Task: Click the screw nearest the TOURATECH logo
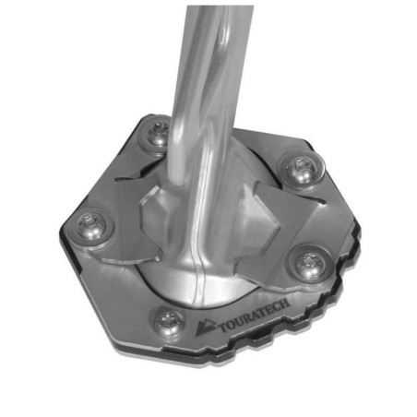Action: click(168, 320)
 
